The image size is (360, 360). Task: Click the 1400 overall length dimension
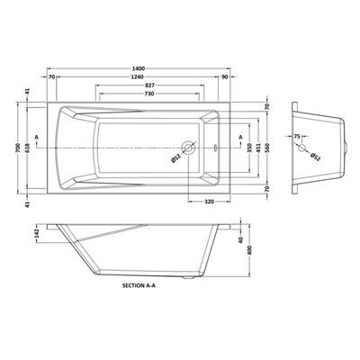point(139,68)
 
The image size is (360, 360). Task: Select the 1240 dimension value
point(138,77)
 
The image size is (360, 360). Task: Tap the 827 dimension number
point(149,85)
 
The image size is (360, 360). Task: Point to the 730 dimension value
point(149,94)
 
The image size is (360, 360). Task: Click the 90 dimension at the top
point(225,77)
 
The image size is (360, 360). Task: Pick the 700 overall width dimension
point(18,148)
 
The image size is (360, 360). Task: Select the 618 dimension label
point(27,148)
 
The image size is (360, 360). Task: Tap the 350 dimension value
point(249,148)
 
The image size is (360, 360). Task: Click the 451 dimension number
point(258,148)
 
